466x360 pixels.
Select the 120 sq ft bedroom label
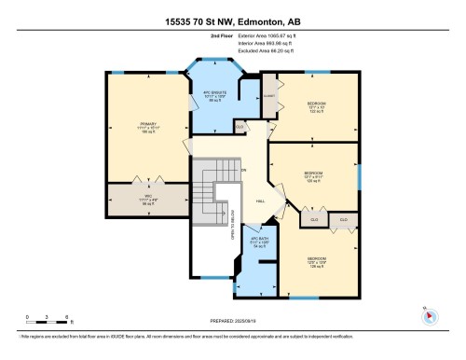(x=314, y=176)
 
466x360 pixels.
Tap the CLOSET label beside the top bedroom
(x=270, y=95)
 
